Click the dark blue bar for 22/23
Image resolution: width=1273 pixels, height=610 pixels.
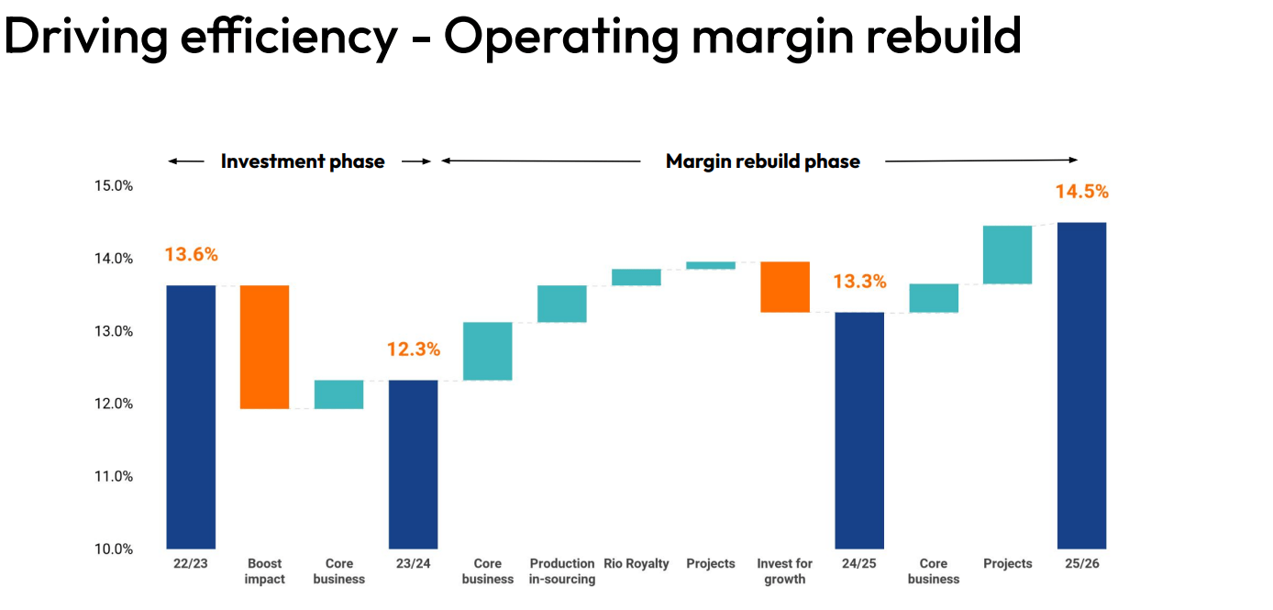tap(191, 416)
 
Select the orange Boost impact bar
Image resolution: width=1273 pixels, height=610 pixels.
tap(265, 347)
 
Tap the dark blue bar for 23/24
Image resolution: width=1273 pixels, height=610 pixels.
tap(413, 464)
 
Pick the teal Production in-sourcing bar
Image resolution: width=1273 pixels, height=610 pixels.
tap(561, 304)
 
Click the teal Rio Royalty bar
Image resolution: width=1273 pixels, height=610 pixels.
tap(636, 277)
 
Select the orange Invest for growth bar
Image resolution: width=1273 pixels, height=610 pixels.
tap(785, 287)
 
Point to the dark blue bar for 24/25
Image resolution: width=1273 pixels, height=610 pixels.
tap(859, 430)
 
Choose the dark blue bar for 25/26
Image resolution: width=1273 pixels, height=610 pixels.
tap(1081, 385)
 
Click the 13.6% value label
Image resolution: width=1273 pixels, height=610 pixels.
tap(191, 255)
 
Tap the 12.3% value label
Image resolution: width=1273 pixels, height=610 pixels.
tap(413, 349)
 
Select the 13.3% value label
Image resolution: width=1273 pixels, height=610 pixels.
tap(859, 282)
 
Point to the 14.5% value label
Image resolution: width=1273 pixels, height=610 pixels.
tap(1081, 192)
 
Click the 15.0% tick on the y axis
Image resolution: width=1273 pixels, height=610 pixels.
tap(114, 186)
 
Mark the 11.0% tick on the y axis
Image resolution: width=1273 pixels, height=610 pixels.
tap(114, 476)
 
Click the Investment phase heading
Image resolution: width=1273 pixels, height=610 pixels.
tap(303, 161)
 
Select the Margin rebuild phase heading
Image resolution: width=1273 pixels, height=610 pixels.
tap(762, 161)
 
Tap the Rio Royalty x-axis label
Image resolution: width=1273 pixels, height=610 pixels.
tap(636, 563)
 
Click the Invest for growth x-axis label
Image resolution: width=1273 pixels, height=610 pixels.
tap(785, 571)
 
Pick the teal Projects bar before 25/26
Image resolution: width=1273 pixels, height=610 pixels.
tap(1007, 255)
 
